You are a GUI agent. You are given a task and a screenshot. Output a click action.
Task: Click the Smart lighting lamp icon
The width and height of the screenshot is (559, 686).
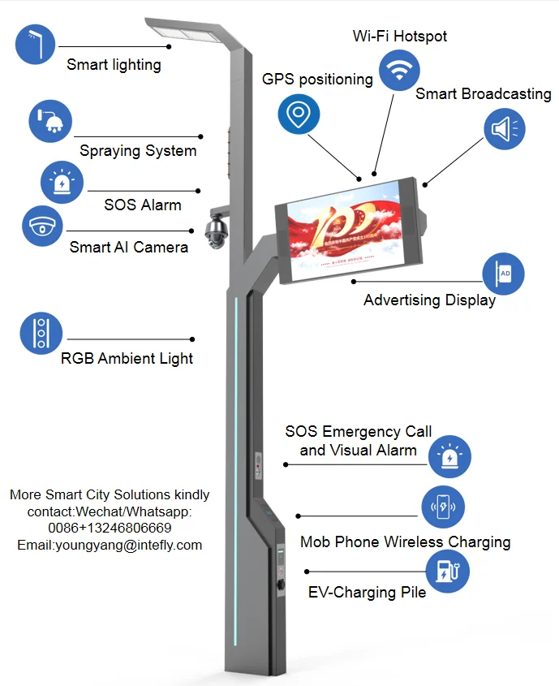click(x=35, y=45)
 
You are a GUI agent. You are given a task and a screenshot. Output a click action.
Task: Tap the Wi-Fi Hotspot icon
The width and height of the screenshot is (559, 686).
click(x=399, y=71)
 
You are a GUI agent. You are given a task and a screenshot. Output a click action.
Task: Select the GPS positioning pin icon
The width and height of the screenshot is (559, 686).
click(x=299, y=114)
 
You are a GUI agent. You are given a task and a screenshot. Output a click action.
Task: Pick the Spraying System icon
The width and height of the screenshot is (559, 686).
click(x=49, y=121)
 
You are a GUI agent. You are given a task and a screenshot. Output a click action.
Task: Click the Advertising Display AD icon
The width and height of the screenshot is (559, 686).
click(x=504, y=274)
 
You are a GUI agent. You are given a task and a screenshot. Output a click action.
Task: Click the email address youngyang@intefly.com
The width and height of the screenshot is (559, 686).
click(x=110, y=546)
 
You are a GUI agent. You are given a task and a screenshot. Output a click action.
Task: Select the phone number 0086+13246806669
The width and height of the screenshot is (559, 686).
click(x=110, y=529)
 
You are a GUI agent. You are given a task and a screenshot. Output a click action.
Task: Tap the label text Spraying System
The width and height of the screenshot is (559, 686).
click(x=138, y=151)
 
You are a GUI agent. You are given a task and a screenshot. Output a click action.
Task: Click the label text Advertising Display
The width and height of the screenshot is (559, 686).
click(x=429, y=300)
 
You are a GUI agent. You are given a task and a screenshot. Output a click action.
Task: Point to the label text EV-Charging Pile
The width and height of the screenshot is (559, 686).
click(x=367, y=592)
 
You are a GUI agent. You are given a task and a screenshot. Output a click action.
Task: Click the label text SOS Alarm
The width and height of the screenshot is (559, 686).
click(x=142, y=205)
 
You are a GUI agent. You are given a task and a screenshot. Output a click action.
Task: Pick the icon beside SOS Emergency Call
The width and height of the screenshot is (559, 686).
click(x=449, y=456)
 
